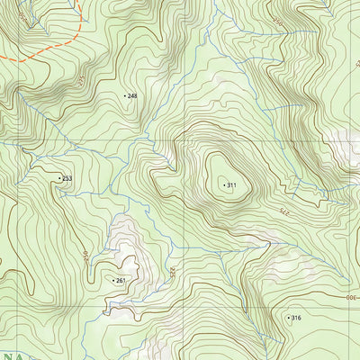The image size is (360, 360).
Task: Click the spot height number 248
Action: pyautogui.click(x=132, y=95)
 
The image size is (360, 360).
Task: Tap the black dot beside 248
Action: pyautogui.click(x=124, y=95)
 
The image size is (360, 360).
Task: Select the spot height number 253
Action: pyautogui.click(x=67, y=179)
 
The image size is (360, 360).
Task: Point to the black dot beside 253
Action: pyautogui.click(x=59, y=179)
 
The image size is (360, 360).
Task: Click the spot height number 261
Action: pyautogui.click(x=121, y=281)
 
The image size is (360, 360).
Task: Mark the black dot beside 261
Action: pyautogui.click(x=112, y=281)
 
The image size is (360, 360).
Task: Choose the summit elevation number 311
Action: pyautogui.click(x=231, y=185)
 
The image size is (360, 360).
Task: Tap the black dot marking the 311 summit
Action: pyautogui.click(x=223, y=185)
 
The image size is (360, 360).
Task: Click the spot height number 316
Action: pyautogui.click(x=296, y=318)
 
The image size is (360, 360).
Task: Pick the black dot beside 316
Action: pyautogui.click(x=288, y=318)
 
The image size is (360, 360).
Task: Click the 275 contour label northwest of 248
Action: pyautogui.click(x=79, y=80)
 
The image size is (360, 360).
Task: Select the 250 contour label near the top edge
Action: pyautogui.click(x=277, y=18)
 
